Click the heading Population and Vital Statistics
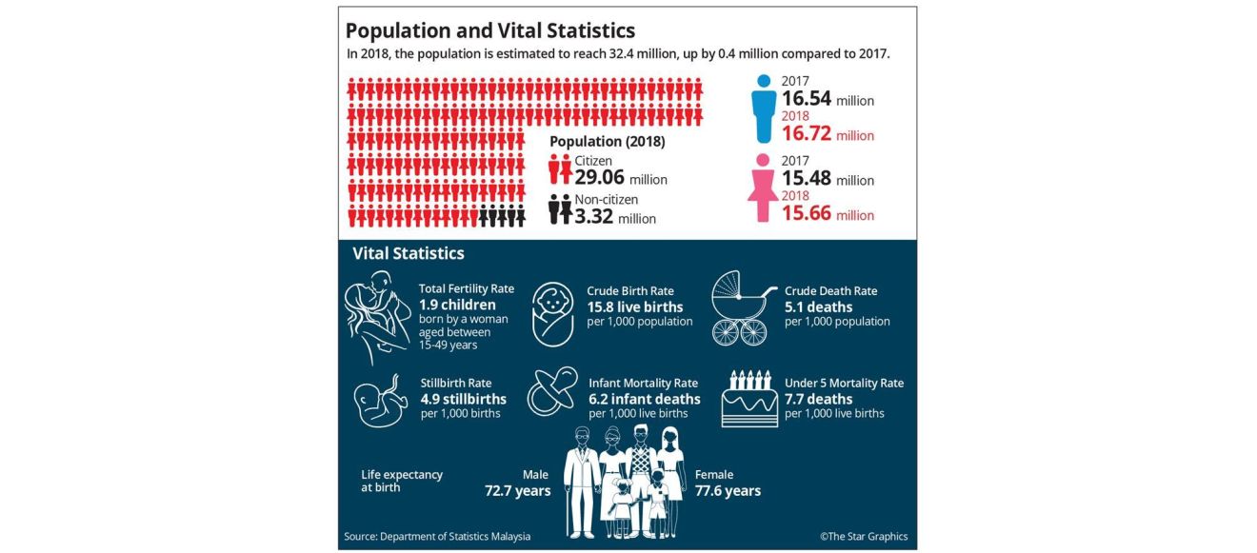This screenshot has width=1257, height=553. tap(490, 30)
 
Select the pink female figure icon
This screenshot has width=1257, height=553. tap(763, 188)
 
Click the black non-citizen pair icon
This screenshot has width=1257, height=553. tap(560, 209)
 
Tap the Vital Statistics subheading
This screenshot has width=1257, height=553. tap(409, 253)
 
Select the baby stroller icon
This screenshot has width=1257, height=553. tap(741, 307)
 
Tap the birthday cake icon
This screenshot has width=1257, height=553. tap(749, 398)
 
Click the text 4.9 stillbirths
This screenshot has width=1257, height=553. tap(464, 399)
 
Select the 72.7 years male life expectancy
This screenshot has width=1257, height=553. tap(518, 491)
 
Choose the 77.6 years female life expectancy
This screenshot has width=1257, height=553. tap(728, 491)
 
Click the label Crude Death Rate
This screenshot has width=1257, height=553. tap(830, 290)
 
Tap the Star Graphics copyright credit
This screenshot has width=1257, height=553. tap(864, 537)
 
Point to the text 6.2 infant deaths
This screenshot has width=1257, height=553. tap(645, 399)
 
